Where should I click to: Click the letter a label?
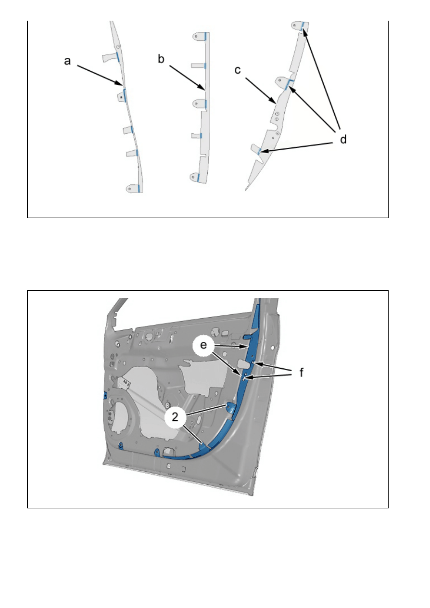tap(67, 61)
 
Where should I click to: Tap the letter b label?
tap(162, 59)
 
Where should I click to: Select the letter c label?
tap(238, 70)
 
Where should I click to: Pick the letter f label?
tap(302, 373)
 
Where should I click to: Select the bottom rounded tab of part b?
tap(198, 177)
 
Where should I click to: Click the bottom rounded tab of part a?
tap(132, 188)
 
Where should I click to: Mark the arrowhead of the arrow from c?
tap(275, 103)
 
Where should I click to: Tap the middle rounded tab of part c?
tap(283, 82)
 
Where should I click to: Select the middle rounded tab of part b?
tap(199, 103)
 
